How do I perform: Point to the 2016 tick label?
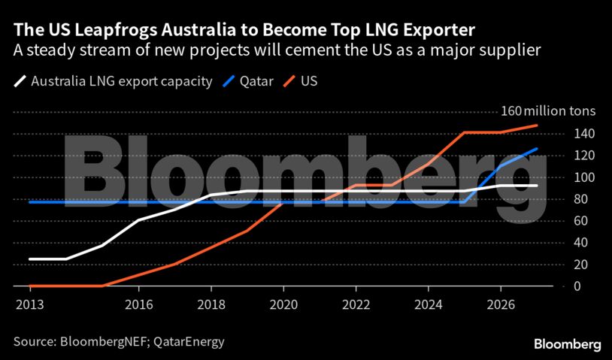[139, 306]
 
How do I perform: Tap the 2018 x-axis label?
[211, 306]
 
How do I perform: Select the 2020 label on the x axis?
[283, 306]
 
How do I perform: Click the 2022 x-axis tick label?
[356, 306]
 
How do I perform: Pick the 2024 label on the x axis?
[428, 306]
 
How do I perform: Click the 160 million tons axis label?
[547, 111]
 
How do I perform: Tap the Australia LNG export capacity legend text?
[122, 81]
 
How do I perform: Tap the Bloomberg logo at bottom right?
[567, 343]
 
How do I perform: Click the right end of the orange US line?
[537, 126]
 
